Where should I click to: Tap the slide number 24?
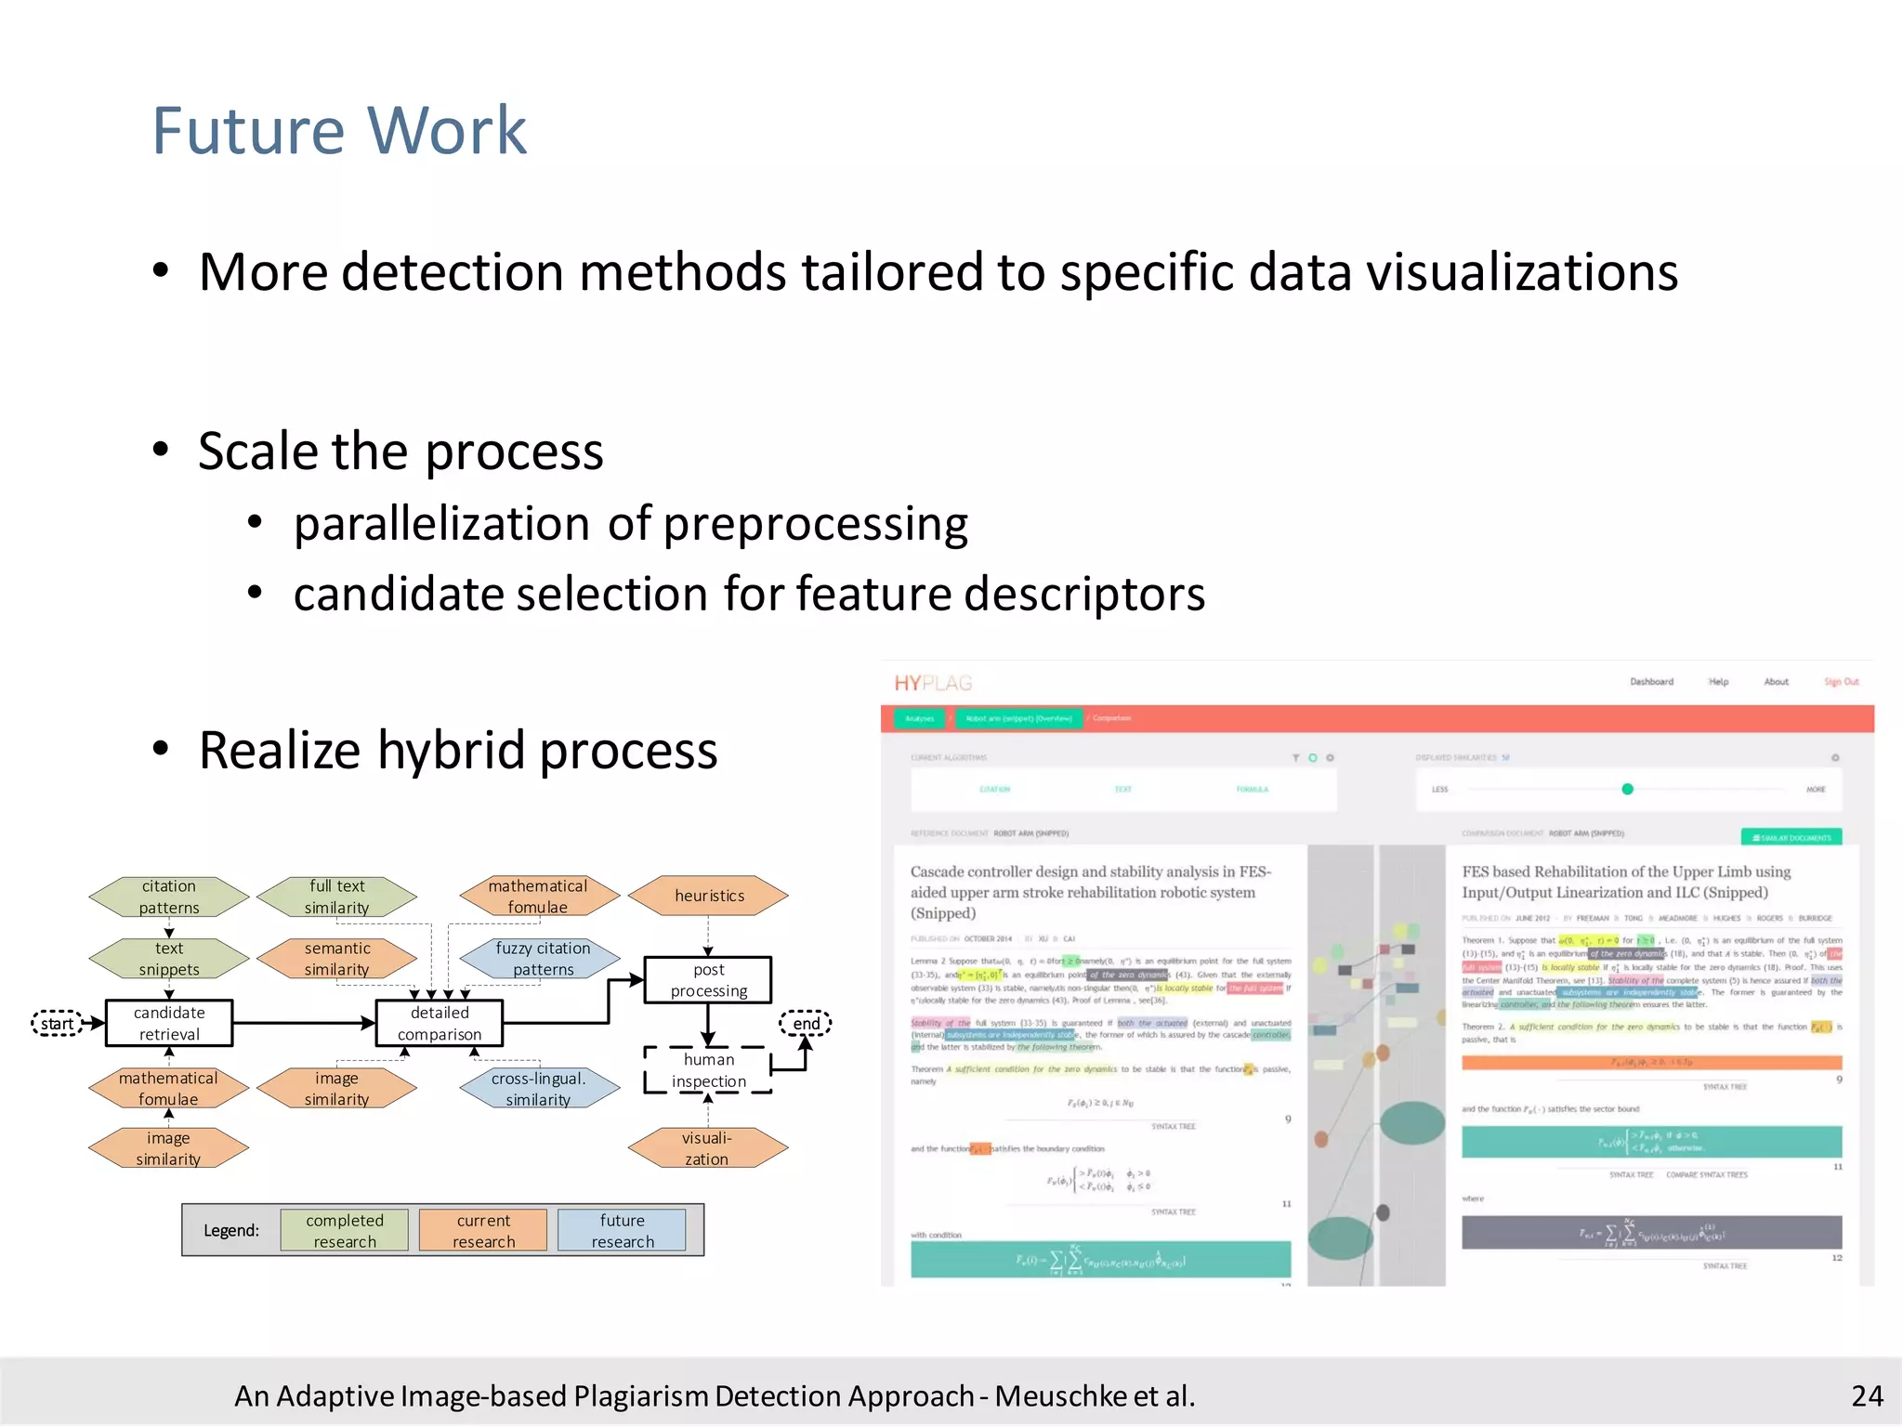click(x=1866, y=1395)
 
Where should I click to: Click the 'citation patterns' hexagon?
click(x=169, y=897)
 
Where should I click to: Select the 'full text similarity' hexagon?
click(x=337, y=897)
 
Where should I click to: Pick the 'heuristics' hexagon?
click(x=709, y=896)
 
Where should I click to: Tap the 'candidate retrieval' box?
click(x=169, y=1023)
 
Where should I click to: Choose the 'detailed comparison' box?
click(x=440, y=1023)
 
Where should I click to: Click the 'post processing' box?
click(x=708, y=980)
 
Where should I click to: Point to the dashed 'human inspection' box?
click(x=708, y=1070)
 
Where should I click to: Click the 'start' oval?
click(x=57, y=1024)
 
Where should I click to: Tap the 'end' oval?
click(x=806, y=1024)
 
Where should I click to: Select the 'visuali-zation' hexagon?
click(x=707, y=1148)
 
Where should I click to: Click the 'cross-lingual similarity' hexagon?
click(x=539, y=1089)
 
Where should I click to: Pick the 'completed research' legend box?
click(x=345, y=1230)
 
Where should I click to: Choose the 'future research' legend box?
click(x=622, y=1230)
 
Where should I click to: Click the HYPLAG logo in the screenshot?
click(x=933, y=684)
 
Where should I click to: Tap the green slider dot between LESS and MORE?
click(x=1627, y=789)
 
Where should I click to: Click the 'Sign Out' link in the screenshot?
click(x=1841, y=682)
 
